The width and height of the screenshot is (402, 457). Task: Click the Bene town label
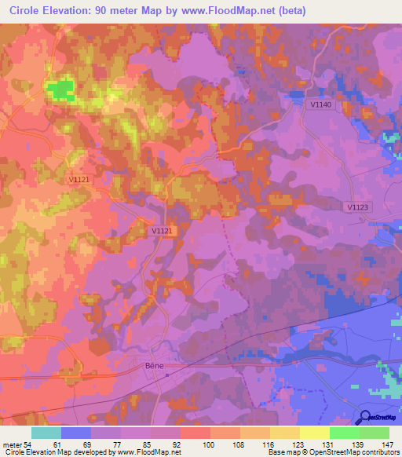click(x=154, y=365)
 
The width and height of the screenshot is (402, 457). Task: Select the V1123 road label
click(x=356, y=207)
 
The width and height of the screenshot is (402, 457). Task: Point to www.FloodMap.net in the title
click(x=233, y=11)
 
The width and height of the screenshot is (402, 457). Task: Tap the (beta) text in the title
click(x=290, y=11)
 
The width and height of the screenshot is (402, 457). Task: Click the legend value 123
click(x=298, y=444)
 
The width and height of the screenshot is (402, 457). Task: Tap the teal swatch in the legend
click(x=46, y=433)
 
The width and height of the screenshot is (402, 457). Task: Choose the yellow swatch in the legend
click(x=314, y=433)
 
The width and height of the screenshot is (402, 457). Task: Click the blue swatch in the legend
click(x=76, y=433)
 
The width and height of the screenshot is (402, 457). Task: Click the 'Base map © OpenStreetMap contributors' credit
click(x=333, y=452)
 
